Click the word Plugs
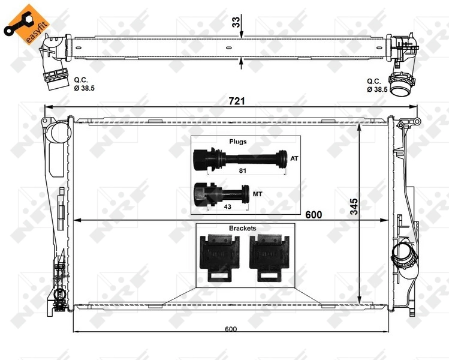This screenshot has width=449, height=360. pos(237,142)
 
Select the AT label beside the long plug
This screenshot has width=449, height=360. pos(294,159)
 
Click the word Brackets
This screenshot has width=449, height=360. pos(242,229)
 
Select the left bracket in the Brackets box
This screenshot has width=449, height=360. pos(217,257)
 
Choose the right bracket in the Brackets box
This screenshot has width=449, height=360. pos(269,257)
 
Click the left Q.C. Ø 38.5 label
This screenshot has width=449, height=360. pos(84,84)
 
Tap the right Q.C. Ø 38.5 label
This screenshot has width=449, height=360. pos(377,84)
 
